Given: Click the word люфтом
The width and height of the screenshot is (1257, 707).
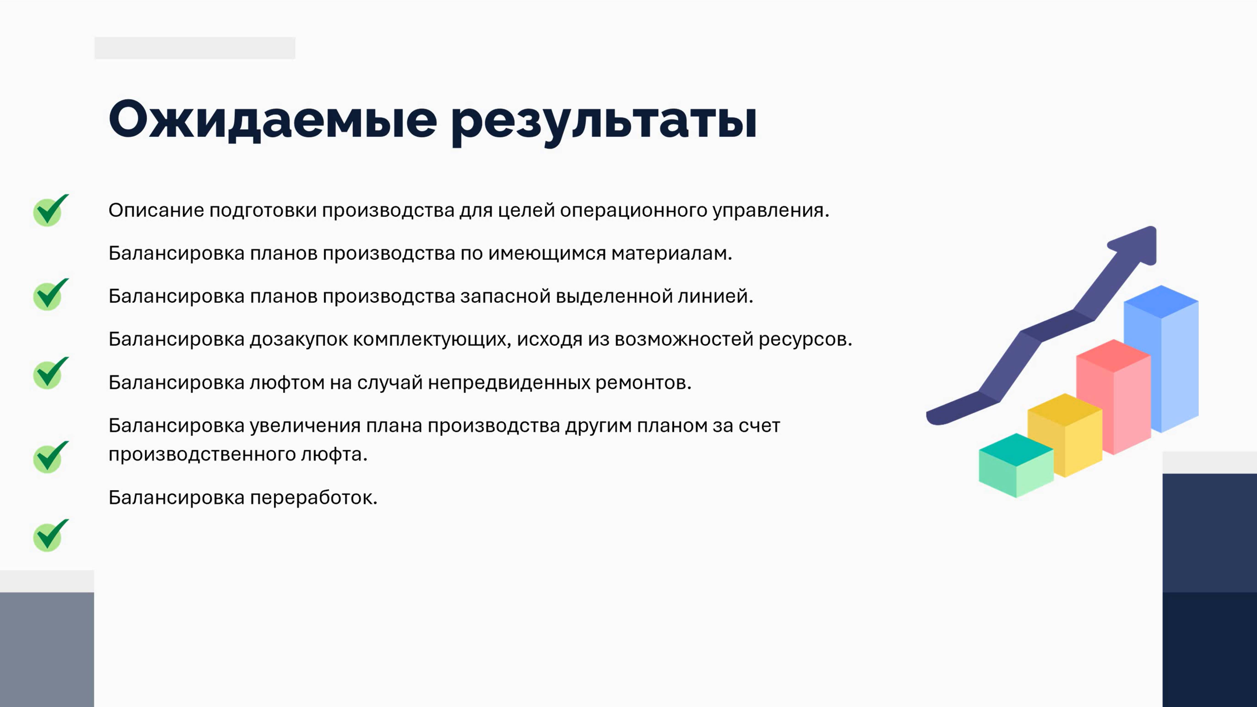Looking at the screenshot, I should (287, 383).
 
